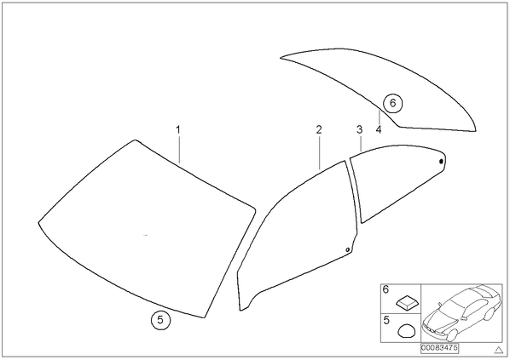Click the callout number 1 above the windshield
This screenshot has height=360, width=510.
coord(178,130)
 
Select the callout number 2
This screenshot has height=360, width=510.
coord(319,130)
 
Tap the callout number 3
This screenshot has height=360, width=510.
coord(359,130)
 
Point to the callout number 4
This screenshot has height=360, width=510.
coord(379,130)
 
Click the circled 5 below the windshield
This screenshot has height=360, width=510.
coord(160,320)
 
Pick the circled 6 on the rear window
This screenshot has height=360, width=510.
coord(392,103)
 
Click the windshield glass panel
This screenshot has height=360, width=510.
coord(147,227)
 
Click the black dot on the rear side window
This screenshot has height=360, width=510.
coord(441,161)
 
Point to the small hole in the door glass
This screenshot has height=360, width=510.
coord(347,249)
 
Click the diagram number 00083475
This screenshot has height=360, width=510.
coord(439,348)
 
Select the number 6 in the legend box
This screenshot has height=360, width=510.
coord(385,289)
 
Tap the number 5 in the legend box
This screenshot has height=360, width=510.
coord(386,320)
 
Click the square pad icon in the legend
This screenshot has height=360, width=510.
coord(408,302)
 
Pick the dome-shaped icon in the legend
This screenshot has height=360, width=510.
coord(407,331)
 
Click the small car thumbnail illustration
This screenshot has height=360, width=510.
coord(461,313)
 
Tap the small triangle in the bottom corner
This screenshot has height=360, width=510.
coord(499,350)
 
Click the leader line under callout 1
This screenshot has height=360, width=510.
coord(178,149)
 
